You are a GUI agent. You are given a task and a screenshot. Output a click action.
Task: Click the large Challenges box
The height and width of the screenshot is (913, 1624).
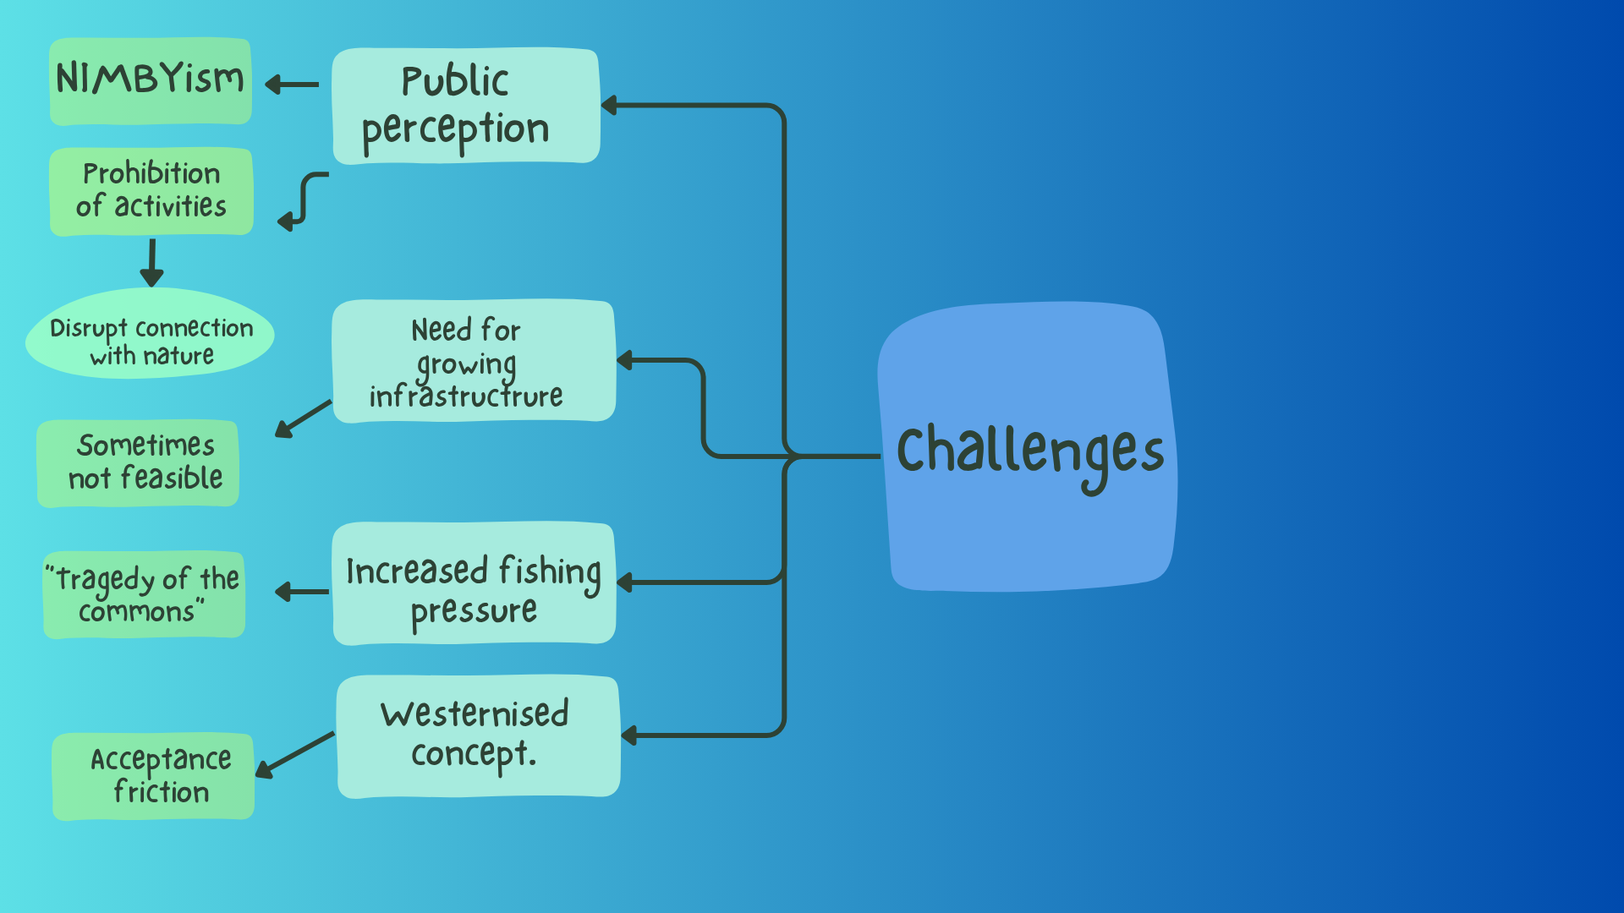click(1028, 448)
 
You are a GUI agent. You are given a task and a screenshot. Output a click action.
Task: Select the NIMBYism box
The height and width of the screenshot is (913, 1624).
click(151, 81)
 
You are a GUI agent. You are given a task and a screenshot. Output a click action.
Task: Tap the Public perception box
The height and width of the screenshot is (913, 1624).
click(465, 106)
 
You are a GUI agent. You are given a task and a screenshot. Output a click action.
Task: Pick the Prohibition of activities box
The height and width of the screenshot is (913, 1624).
click(151, 191)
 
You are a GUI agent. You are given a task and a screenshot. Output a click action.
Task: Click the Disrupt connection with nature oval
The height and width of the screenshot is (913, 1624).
click(151, 335)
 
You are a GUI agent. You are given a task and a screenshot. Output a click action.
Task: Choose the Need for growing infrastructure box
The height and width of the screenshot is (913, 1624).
click(473, 361)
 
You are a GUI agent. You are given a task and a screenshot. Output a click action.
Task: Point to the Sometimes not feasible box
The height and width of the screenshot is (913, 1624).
click(139, 463)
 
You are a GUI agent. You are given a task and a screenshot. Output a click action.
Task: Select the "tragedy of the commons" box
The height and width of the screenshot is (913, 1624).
click(145, 594)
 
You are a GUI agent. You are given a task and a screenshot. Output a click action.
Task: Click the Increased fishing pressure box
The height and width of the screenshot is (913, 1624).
click(474, 583)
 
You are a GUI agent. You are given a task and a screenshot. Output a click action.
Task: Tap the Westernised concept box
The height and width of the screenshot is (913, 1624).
click(478, 735)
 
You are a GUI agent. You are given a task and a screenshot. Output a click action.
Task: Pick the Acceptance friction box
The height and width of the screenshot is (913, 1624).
click(154, 775)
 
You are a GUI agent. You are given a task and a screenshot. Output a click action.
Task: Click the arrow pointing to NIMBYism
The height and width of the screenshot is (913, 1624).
click(292, 85)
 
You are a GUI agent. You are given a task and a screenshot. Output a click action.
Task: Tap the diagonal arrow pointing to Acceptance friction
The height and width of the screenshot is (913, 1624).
click(295, 754)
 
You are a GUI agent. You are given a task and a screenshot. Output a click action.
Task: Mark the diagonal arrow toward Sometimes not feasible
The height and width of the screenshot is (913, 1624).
click(303, 418)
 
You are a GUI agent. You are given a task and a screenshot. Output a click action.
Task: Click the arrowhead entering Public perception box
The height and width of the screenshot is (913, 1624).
click(609, 106)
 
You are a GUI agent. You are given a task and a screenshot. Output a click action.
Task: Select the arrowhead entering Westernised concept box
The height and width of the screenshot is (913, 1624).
click(629, 735)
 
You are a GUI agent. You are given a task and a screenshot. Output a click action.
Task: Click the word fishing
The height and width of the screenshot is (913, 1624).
click(550, 571)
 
